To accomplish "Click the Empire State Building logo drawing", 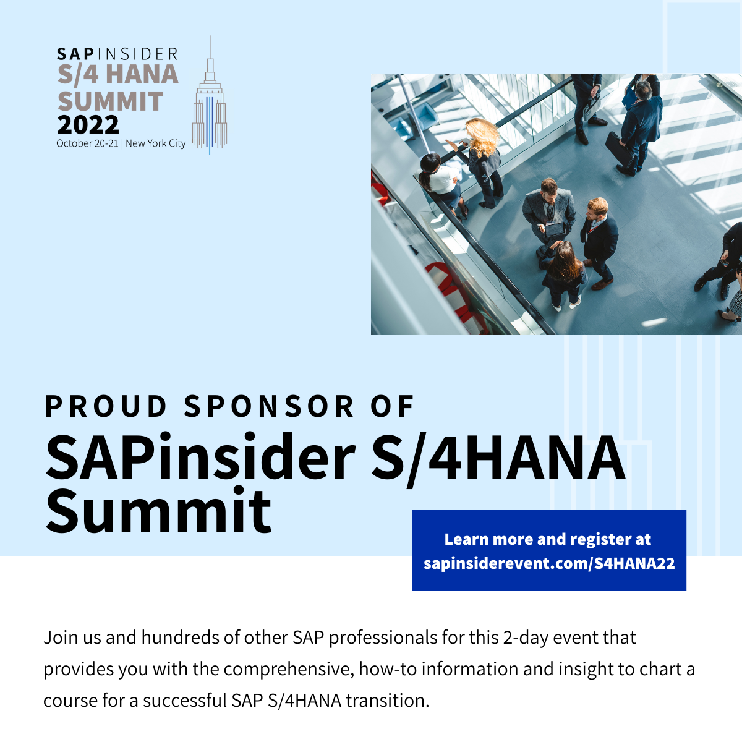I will pos(210,105).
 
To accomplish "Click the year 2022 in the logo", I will pos(88,126).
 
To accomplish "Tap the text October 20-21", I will pos(87,143).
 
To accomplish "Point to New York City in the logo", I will pos(156,143).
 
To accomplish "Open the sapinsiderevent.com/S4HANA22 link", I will pos(549,563).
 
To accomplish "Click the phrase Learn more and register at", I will pos(548,539).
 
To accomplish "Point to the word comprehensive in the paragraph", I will pos(288,669).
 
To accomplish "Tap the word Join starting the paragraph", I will pos(59,638).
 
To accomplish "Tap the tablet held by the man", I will pos(555,229).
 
